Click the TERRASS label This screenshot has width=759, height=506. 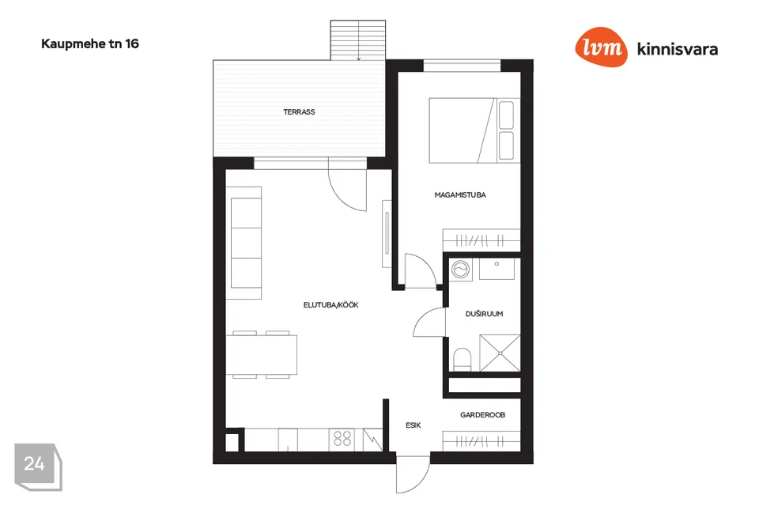pos(299,111)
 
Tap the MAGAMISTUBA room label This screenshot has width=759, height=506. pos(460,195)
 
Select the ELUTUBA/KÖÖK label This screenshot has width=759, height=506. pos(330,304)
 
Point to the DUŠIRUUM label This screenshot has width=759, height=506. pos(484,314)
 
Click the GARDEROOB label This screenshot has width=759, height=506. pos(482,415)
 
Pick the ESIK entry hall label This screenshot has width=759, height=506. pos(413,425)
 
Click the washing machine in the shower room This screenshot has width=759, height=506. pos(460,270)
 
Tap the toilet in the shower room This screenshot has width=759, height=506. pos(463,360)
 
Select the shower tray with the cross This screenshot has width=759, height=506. pos(500,353)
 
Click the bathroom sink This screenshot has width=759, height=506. pos(497,269)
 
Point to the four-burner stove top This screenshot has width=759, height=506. pos(342,440)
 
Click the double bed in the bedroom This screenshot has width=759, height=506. pos(474,130)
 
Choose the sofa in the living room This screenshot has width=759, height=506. pos(246,243)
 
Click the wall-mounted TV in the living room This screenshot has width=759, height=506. pos(387,233)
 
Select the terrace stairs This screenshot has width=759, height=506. pos(358,40)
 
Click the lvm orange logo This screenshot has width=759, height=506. pos(601,47)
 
